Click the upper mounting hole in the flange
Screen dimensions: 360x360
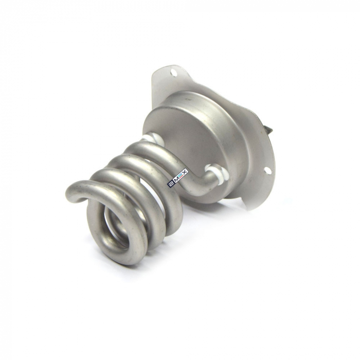pos(174,74)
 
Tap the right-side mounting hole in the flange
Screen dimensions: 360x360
pos(267,170)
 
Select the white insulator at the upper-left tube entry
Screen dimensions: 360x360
pos(150,138)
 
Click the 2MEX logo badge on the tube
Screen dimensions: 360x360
pos(177,177)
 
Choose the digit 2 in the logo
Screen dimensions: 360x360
pos(171,183)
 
